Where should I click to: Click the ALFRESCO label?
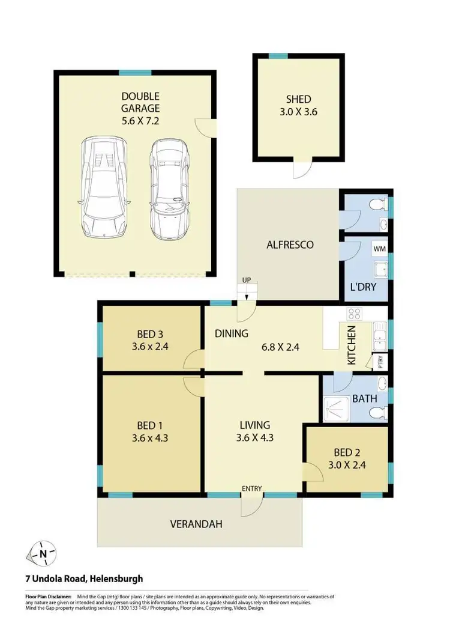pos(290,245)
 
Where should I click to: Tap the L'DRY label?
pos(363,287)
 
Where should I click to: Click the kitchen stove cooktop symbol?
pos(354,313)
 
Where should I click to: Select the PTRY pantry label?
pos(380,362)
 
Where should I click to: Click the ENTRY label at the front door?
pos(252,488)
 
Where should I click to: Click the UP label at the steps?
pos(246,281)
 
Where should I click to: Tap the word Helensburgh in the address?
pos(116,579)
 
